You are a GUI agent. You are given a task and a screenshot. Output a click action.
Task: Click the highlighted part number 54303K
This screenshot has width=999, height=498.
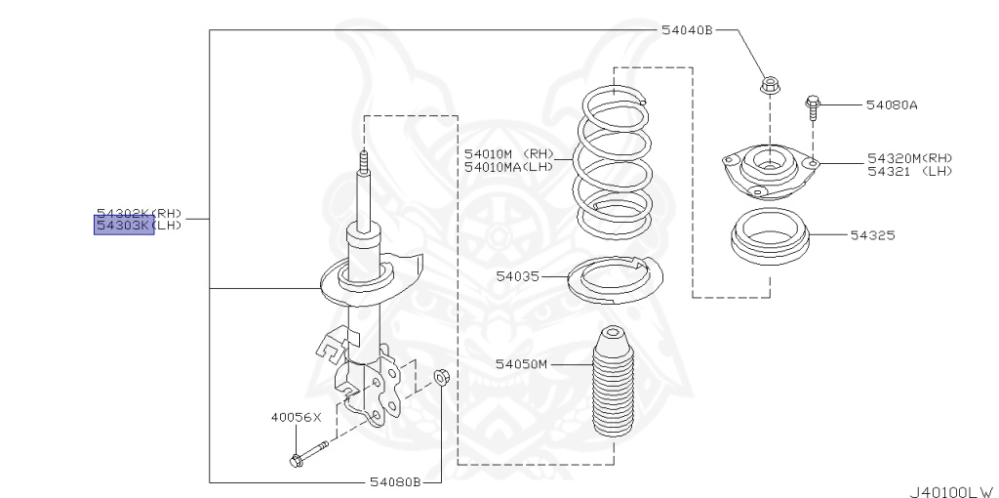pyautogui.click(x=124, y=227)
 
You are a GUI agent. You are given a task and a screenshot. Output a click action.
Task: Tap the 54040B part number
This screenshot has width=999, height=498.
pyautogui.click(x=687, y=30)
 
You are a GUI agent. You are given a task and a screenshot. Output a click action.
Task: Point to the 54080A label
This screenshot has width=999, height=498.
pyautogui.click(x=892, y=104)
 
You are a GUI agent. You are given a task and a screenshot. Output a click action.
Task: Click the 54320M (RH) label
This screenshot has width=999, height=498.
pyautogui.click(x=909, y=158)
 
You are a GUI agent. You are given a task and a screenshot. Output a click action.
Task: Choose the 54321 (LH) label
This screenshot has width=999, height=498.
pyautogui.click(x=909, y=171)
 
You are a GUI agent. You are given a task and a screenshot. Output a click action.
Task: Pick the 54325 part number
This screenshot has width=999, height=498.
pyautogui.click(x=871, y=235)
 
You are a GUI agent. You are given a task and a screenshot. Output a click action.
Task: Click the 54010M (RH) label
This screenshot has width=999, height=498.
pyautogui.click(x=508, y=153)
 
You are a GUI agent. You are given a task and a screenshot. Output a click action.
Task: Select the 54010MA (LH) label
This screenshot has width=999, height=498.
pyautogui.click(x=508, y=166)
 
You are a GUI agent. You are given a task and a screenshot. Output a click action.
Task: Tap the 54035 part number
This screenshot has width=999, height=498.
pyautogui.click(x=517, y=276)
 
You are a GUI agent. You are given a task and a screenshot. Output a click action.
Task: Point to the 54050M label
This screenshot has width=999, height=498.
pyautogui.click(x=521, y=364)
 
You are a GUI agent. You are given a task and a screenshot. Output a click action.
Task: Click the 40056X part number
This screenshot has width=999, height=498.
pyautogui.click(x=296, y=417)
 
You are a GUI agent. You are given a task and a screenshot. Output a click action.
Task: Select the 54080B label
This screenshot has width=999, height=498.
pyautogui.click(x=394, y=481)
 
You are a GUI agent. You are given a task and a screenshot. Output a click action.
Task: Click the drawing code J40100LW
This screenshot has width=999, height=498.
pyautogui.click(x=951, y=488)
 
